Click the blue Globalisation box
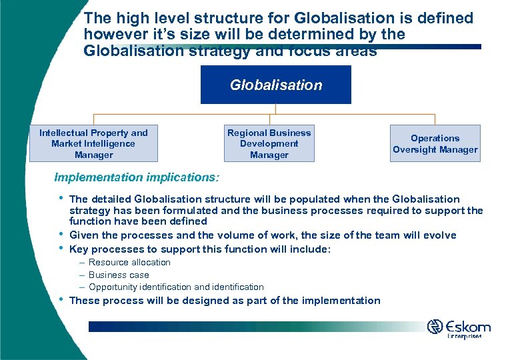click(275, 85)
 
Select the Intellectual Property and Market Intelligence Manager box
click(93, 144)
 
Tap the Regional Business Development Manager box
click(269, 144)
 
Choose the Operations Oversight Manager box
click(435, 144)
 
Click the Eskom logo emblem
click(435, 327)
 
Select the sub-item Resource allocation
click(129, 262)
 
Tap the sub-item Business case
click(119, 275)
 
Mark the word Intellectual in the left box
click(64, 133)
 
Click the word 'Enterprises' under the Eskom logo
click(465, 337)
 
